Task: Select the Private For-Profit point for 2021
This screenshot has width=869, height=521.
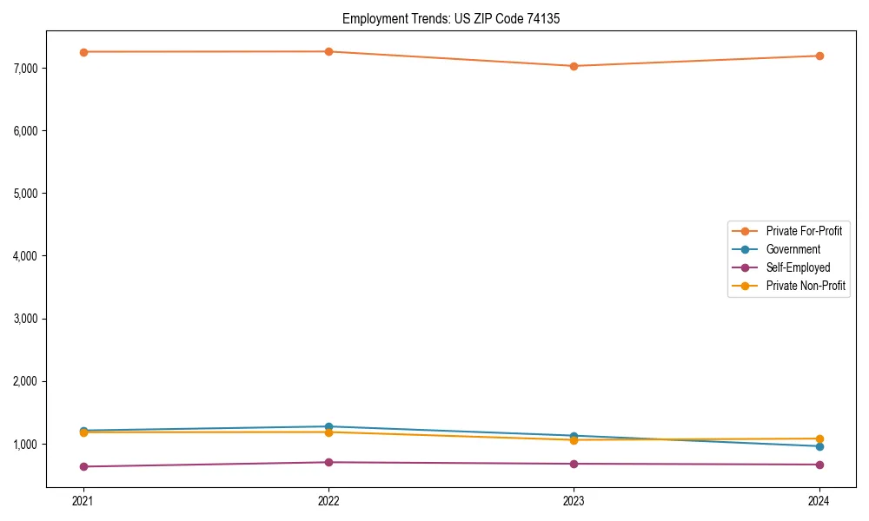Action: click(83, 52)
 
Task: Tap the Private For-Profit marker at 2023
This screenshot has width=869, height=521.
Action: click(574, 66)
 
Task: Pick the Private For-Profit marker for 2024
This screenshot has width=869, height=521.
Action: click(819, 56)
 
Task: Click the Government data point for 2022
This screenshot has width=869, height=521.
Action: click(328, 426)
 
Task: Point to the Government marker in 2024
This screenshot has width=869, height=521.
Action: click(819, 446)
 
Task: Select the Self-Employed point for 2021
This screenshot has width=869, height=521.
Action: click(83, 466)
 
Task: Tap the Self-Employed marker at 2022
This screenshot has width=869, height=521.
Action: click(328, 462)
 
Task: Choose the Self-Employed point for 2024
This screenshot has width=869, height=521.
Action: click(819, 465)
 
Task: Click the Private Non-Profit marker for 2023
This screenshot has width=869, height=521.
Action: click(574, 440)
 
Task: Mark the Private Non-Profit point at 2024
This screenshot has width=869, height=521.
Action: click(819, 439)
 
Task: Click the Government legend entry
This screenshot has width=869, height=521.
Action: click(793, 249)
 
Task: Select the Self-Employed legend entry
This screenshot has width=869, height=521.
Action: click(798, 267)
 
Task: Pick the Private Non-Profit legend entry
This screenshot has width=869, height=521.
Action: click(806, 286)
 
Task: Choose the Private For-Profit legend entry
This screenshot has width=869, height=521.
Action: click(804, 231)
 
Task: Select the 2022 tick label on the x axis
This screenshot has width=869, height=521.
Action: click(328, 500)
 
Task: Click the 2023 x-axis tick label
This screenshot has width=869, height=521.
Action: click(574, 500)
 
